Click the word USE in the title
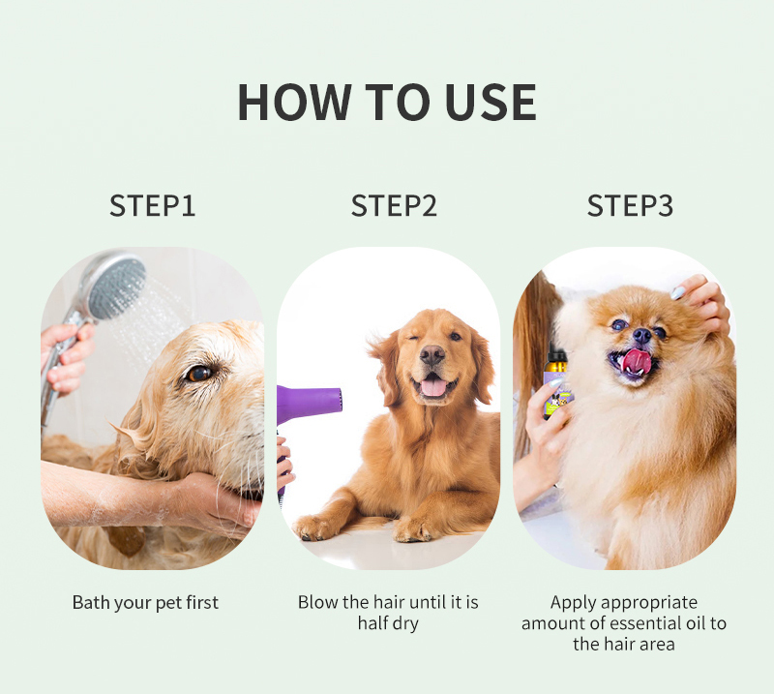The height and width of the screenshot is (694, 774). [490, 103]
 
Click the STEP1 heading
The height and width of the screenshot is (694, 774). [153, 205]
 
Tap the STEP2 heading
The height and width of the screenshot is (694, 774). [394, 205]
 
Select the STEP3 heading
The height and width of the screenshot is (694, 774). [630, 205]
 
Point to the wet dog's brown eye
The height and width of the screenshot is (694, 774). [199, 374]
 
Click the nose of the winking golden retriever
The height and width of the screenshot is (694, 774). [432, 354]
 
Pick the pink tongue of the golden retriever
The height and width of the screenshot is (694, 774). [433, 386]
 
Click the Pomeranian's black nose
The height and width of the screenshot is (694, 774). [641, 336]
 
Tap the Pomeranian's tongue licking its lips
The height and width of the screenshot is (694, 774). [636, 361]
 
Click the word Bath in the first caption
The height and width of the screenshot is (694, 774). [91, 603]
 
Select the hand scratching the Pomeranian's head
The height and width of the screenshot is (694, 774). [702, 302]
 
